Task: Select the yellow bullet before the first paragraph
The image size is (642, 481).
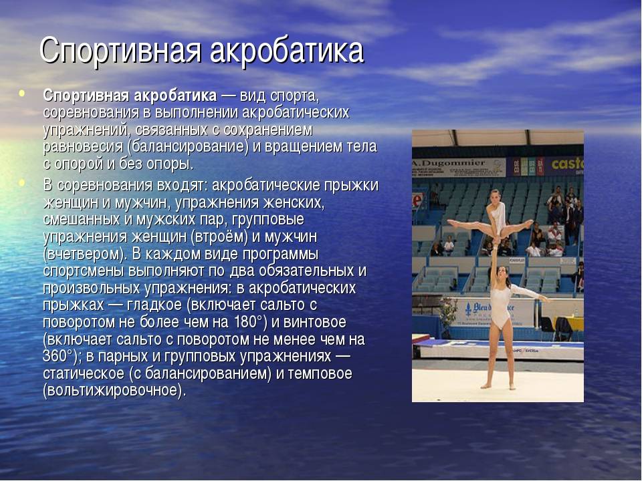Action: point(21,94)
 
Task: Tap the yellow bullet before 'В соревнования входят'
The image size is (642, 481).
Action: point(21,182)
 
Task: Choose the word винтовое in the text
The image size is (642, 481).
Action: point(315,322)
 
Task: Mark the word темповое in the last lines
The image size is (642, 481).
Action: point(320,373)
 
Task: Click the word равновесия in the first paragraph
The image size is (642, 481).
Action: point(83,147)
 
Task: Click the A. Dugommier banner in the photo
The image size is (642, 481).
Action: point(459,167)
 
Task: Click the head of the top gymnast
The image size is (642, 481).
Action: point(496,196)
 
